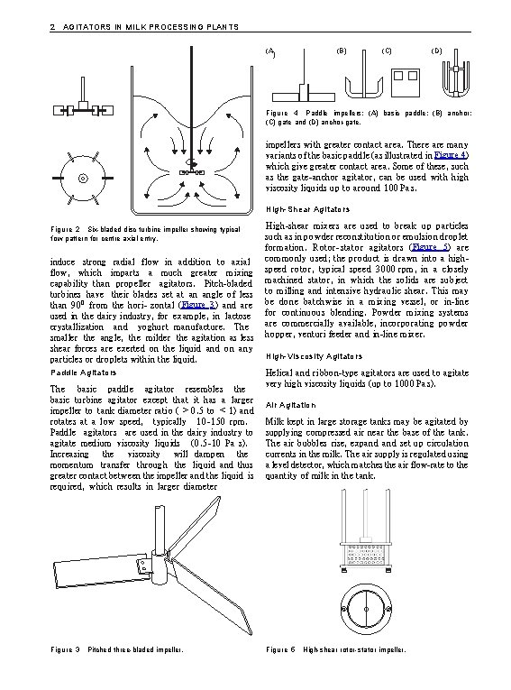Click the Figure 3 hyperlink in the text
(196, 305)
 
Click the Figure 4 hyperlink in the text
(451, 155)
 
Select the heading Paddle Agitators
(84, 373)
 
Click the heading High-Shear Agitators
(308, 210)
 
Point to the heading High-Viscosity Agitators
(314, 356)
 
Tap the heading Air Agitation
(291, 405)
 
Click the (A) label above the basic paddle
(270, 52)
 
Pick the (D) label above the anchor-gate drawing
(436, 51)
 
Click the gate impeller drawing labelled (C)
(406, 82)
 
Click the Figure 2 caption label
(66, 229)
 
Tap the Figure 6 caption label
(280, 649)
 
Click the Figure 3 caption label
(66, 649)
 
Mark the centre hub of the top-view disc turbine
(83, 179)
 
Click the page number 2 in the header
(53, 27)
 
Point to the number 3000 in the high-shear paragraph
(385, 270)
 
